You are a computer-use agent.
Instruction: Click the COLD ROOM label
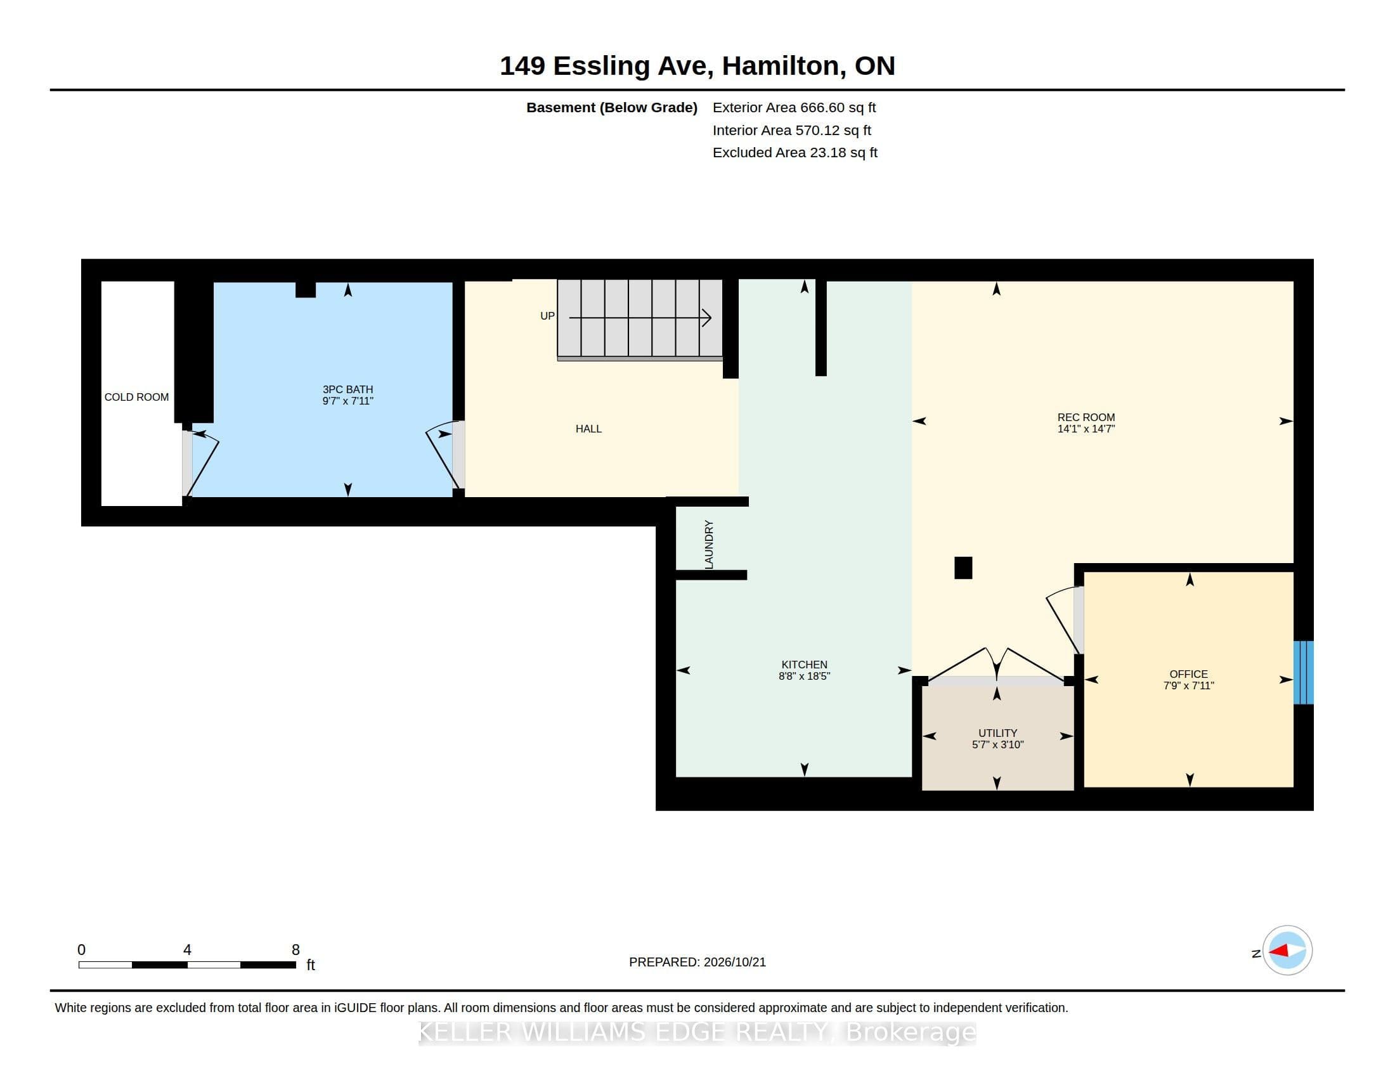[x=137, y=397]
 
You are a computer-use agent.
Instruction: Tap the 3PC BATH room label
[x=347, y=389]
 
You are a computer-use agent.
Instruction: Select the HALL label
[x=588, y=429]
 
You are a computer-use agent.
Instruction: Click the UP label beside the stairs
[x=547, y=316]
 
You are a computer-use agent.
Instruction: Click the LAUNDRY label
[x=709, y=544]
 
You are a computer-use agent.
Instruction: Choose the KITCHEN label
[x=804, y=665]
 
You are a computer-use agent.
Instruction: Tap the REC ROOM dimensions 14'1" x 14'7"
[x=1086, y=429]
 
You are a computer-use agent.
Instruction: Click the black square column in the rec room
[x=963, y=568]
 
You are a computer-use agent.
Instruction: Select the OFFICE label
[x=1189, y=675]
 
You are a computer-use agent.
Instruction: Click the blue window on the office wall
[x=1304, y=672]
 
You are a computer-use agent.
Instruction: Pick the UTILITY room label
[x=997, y=733]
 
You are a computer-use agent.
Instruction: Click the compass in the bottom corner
[x=1287, y=951]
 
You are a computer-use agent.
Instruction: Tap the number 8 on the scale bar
[x=295, y=950]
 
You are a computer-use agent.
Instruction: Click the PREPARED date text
[x=697, y=963]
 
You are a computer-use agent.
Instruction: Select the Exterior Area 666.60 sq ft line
[x=794, y=108]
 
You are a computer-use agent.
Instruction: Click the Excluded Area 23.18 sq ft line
[x=795, y=153]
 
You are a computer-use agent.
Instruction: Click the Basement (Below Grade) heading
[x=612, y=108]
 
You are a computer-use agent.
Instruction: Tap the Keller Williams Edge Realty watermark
[x=697, y=1032]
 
